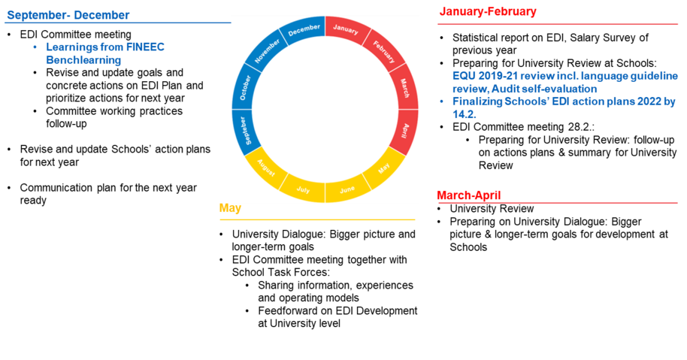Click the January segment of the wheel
[346, 30]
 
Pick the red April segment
[405, 130]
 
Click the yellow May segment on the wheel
[385, 168]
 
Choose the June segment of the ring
[347, 189]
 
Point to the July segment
[303, 189]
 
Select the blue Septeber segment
[246, 130]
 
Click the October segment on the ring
[245, 87]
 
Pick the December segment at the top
[304, 30]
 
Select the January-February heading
[488, 11]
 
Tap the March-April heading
[468, 195]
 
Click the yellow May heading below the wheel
[230, 209]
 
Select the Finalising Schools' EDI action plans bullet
[564, 107]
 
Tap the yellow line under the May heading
[317, 220]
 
